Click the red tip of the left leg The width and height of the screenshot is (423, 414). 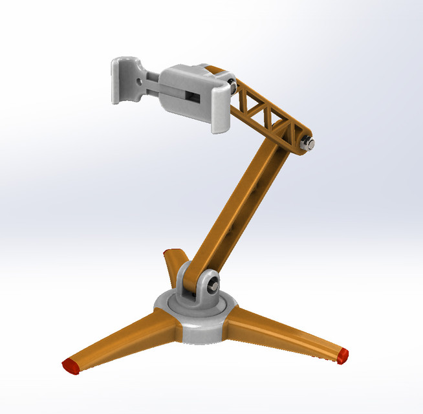(x=71, y=365)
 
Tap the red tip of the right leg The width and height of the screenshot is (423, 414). (x=343, y=354)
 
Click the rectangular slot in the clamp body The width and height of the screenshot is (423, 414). (x=193, y=97)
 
